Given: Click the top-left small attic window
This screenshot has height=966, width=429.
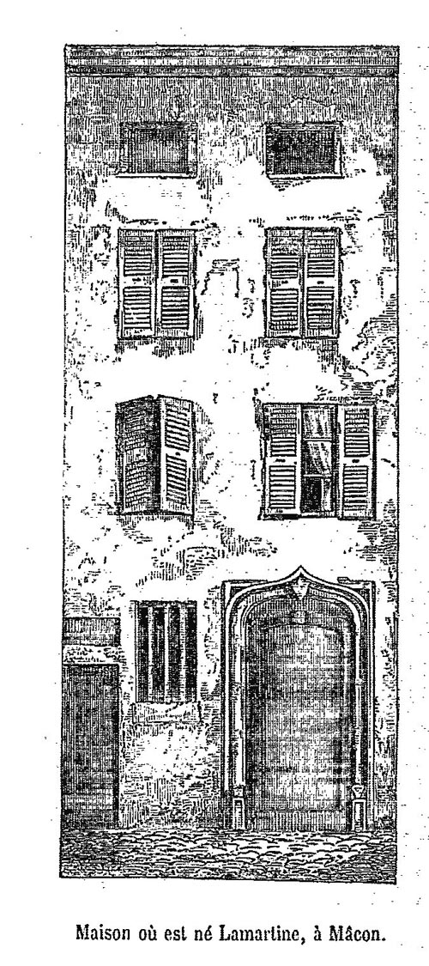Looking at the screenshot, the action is [158, 149].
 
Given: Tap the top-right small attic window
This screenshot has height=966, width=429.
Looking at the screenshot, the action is [304, 150].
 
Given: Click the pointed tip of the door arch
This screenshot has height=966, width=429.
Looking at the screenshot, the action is [299, 568].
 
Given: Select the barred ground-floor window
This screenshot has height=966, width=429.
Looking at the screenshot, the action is [166, 652].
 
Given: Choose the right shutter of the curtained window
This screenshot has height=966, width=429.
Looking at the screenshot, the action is [356, 461].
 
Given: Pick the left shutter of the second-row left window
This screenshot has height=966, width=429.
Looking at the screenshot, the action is [138, 283].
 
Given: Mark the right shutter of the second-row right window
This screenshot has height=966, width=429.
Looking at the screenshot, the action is [322, 283].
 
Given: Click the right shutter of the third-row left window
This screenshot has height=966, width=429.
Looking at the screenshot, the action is [177, 454].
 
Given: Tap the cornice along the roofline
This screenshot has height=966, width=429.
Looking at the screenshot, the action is [232, 60].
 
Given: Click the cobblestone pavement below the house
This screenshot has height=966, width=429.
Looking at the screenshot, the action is [228, 853].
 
